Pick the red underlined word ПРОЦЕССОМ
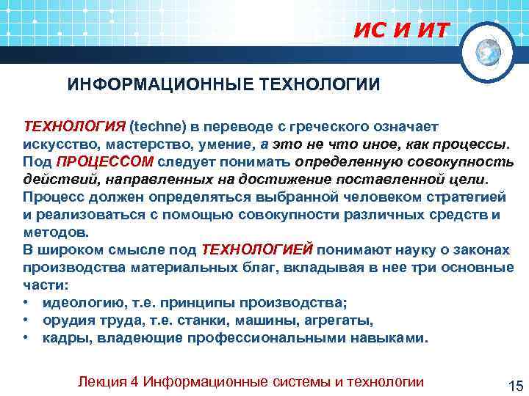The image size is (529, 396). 105,160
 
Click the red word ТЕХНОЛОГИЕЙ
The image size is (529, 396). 257,249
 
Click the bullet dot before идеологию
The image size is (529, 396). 26,302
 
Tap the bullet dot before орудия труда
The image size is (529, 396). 26,320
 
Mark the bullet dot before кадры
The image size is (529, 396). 26,338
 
